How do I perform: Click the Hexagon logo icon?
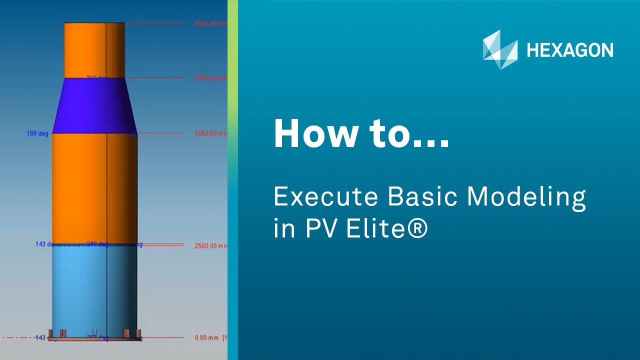[x=500, y=49]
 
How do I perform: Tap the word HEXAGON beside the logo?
[x=570, y=50]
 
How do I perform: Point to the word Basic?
[x=422, y=197]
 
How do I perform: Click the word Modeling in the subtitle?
[x=526, y=198]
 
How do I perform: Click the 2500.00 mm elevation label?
[x=210, y=245]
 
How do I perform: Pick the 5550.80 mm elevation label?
[x=210, y=134]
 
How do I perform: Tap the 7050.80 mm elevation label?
[x=210, y=78]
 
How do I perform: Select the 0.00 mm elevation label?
[x=206, y=338]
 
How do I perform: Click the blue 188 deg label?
[x=37, y=134]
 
